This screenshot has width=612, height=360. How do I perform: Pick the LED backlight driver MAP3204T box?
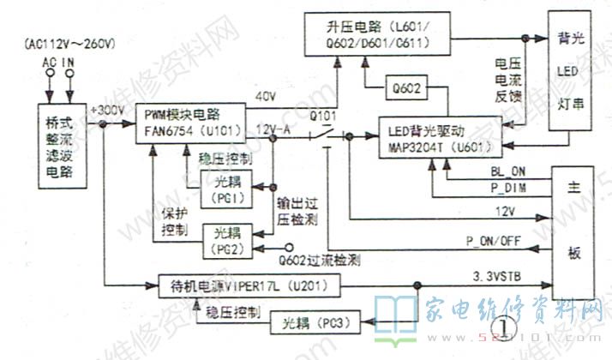(x=439, y=138)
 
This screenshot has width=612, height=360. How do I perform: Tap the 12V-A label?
(x=272, y=128)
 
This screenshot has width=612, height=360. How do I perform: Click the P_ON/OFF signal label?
(x=495, y=240)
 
